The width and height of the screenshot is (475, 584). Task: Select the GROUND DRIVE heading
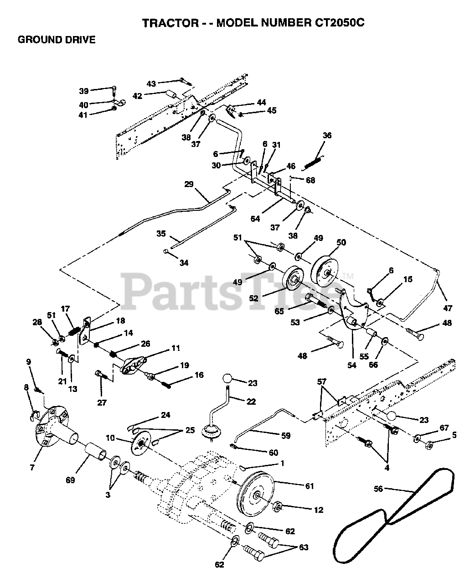pos(57,40)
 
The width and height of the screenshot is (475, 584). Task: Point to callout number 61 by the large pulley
pos(309,486)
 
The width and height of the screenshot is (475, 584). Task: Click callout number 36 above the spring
pos(327,136)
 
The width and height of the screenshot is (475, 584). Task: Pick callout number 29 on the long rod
pos(189,184)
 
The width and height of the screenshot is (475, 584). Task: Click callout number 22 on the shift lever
pos(251,401)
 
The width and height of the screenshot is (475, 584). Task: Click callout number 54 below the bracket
pos(352,353)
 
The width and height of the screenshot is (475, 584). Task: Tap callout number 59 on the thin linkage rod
pos(286,436)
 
